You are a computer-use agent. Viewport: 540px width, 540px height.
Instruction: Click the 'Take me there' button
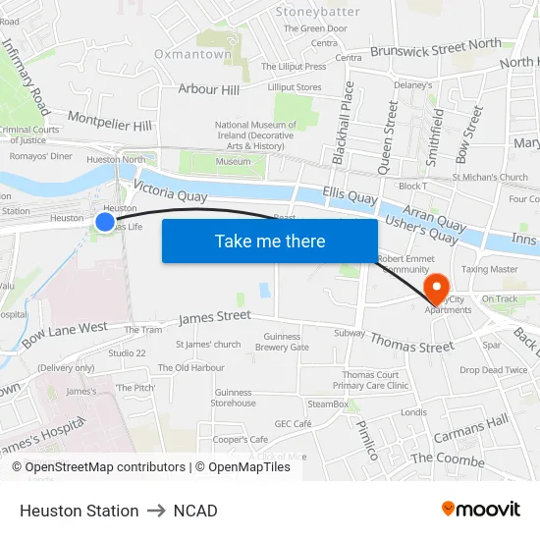tap(270, 241)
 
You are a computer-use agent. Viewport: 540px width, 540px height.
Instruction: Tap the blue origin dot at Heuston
tap(105, 222)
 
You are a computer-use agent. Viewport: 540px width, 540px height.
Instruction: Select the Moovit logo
tap(480, 510)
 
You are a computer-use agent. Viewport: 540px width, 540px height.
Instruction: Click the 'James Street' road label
tap(214, 317)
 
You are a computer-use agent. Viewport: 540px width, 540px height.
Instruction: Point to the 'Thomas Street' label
tap(411, 344)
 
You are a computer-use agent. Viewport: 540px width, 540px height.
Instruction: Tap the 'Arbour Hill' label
tap(208, 90)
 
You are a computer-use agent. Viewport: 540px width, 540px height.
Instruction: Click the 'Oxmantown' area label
tap(191, 54)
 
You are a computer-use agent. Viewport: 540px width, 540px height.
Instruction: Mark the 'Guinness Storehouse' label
tap(234, 398)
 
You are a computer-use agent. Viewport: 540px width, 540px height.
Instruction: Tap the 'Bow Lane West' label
tap(65, 334)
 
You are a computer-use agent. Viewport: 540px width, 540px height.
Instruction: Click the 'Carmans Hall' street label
tap(470, 427)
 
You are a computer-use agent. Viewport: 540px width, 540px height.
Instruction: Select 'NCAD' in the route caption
tap(195, 511)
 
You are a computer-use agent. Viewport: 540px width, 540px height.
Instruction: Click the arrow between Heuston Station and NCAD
tap(156, 511)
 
